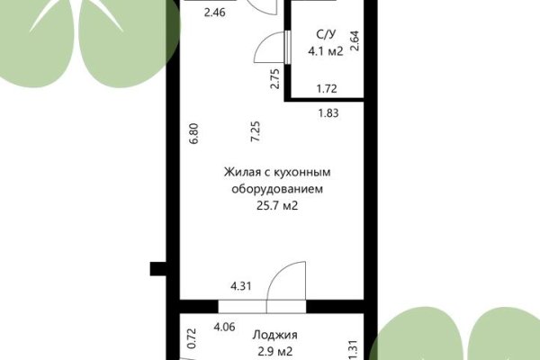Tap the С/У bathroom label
[x=324, y=35]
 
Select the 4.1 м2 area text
[x=324, y=52]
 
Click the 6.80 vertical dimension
[x=193, y=134]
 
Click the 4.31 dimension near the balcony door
[x=240, y=286]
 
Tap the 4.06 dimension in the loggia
[x=224, y=328]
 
